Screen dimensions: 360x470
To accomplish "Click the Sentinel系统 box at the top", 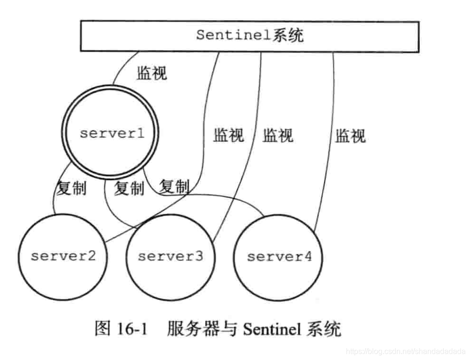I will [x=249, y=36].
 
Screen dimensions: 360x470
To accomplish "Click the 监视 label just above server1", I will [x=152, y=73].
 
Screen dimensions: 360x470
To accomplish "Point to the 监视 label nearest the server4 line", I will [x=350, y=136].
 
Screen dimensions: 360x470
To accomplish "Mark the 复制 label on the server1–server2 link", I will [x=71, y=189].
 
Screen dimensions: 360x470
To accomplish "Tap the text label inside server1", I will [x=111, y=133].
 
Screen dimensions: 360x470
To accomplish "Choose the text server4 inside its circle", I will [x=279, y=257].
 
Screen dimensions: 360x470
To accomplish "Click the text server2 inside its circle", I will [x=64, y=256].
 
